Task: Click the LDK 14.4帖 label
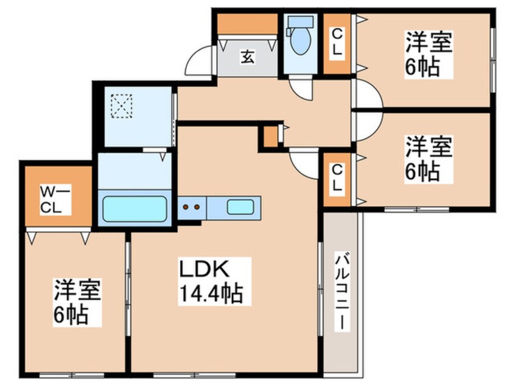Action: point(211,281)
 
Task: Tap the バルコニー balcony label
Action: point(342,293)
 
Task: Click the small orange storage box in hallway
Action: point(270,136)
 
